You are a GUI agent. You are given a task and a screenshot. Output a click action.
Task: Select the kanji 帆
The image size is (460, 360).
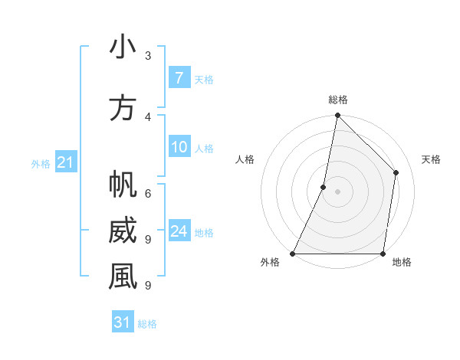click(x=123, y=185)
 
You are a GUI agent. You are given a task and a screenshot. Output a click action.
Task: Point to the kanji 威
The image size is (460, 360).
click(x=123, y=231)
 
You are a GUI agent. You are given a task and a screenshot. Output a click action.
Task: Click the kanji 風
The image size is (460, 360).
click(x=123, y=277)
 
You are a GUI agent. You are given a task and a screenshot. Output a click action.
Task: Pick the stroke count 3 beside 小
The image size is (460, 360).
click(x=148, y=56)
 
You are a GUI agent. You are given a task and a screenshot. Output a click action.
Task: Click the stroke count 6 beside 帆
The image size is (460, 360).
click(x=148, y=194)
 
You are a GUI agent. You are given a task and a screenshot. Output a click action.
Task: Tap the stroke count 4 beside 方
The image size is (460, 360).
click(x=148, y=117)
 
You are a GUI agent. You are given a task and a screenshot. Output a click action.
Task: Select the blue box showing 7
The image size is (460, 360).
click(x=179, y=78)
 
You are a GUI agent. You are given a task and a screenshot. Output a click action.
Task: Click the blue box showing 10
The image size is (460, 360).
click(x=179, y=147)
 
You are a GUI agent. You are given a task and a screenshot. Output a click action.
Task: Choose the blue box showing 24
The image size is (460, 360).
click(x=179, y=231)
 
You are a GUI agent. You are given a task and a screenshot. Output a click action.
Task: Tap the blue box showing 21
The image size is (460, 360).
click(x=65, y=162)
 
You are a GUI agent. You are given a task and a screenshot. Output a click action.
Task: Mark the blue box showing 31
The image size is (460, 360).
click(x=123, y=322)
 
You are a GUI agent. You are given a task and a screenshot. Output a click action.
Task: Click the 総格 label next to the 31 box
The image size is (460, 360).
click(x=147, y=324)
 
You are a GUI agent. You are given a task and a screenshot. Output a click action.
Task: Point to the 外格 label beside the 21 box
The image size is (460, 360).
click(x=41, y=163)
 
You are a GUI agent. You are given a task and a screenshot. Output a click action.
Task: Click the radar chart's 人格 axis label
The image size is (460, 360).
click(x=245, y=159)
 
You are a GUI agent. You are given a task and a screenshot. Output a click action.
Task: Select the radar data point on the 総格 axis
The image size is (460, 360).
click(x=337, y=116)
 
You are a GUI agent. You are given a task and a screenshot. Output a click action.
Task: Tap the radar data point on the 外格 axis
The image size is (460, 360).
click(x=293, y=253)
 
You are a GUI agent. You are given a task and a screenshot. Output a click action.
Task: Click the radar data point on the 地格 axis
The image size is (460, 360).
click(x=383, y=253)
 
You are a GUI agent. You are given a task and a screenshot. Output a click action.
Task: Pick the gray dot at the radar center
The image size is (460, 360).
click(x=337, y=191)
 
